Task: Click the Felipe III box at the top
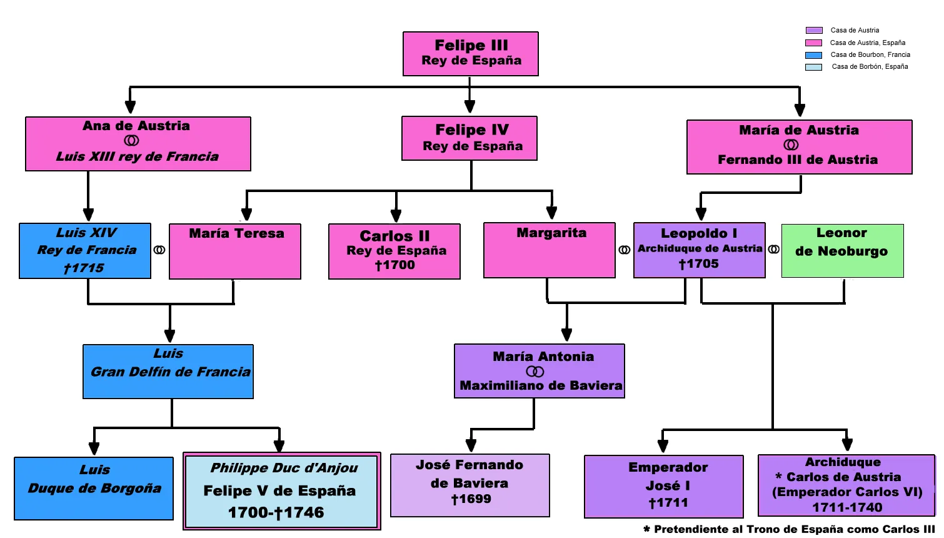pos(471,54)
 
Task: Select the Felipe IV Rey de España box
pos(469,138)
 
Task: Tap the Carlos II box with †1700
pos(394,251)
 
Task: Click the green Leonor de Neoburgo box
pos(842,251)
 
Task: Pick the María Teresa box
pos(235,251)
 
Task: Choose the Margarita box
pos(550,250)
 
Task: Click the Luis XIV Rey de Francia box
pos(85,251)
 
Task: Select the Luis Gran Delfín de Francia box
pos(168,372)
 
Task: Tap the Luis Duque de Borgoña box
pos(94,489)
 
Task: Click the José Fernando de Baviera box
pos(470,485)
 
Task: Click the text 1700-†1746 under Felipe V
pos(276,513)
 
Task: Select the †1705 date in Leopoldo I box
pos(698,264)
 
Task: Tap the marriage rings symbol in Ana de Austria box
pos(131,141)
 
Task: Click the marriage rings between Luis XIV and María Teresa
pos(159,250)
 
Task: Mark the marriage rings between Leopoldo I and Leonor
pos(773,249)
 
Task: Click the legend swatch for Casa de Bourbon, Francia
pos(813,55)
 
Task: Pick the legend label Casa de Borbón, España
pos(870,66)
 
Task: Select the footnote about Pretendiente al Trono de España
pos(789,529)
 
